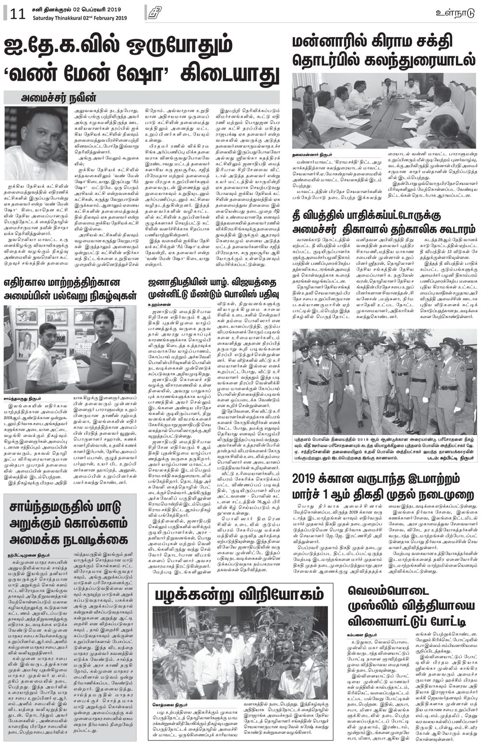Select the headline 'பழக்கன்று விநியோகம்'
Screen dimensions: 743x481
(x=239, y=595)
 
